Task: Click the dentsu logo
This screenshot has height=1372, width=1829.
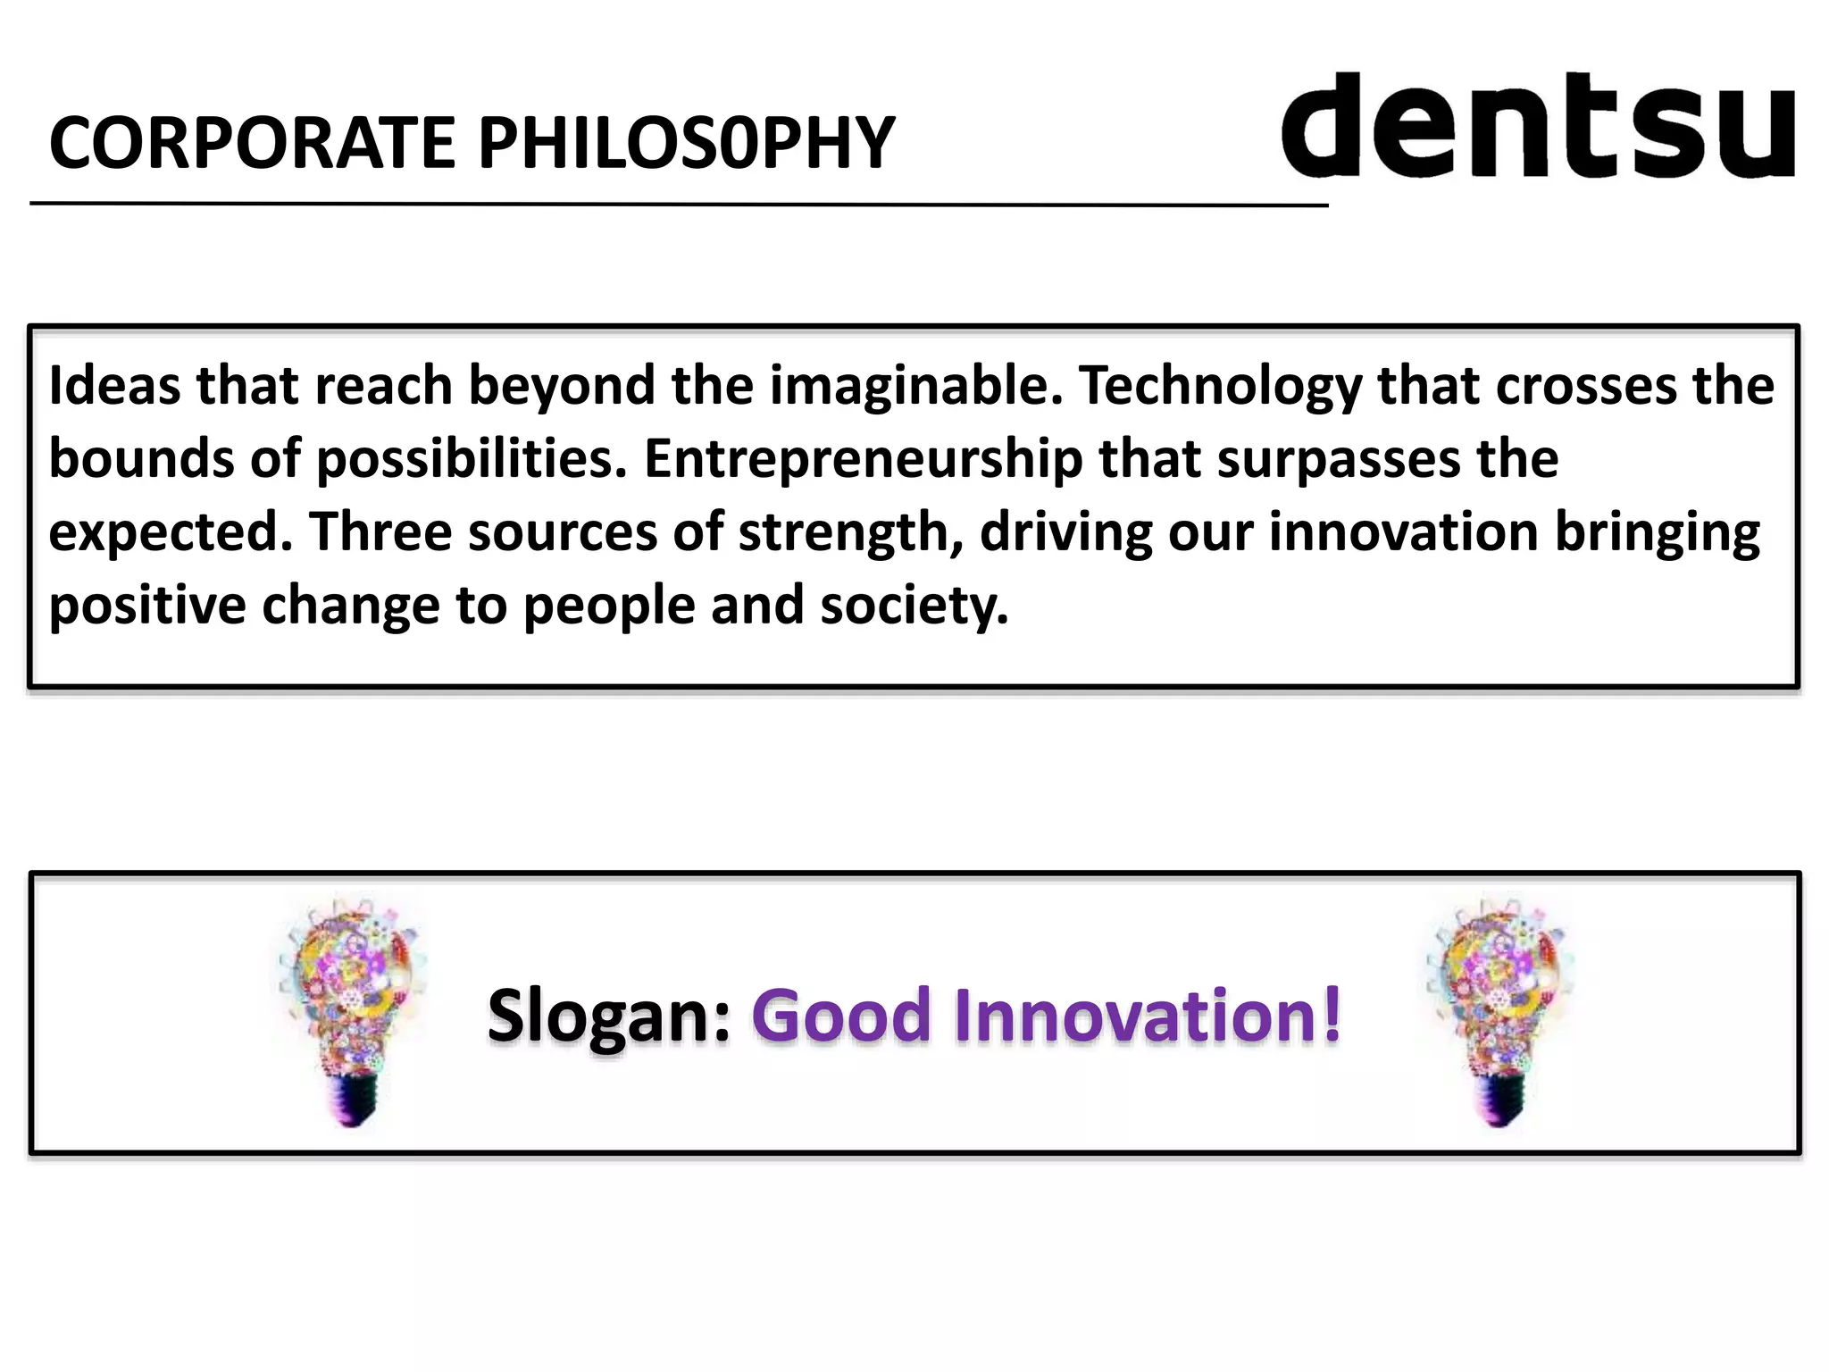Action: pos(1538,126)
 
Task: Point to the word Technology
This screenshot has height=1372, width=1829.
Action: pos(1220,388)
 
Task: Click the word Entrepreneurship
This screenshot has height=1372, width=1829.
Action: pos(863,461)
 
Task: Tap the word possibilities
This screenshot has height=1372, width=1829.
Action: pos(472,461)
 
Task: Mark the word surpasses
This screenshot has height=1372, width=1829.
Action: pos(1338,461)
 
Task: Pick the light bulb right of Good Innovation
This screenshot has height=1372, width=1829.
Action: pos(1500,1009)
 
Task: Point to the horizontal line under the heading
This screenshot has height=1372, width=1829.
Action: pos(679,205)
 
